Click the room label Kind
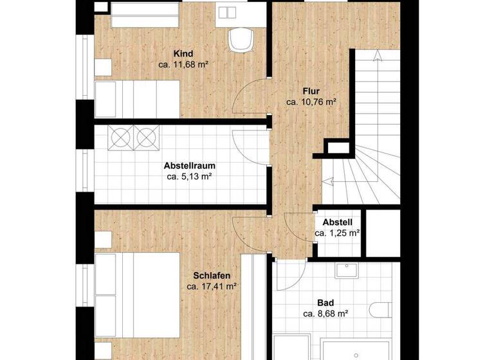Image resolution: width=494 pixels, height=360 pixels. click(x=183, y=54)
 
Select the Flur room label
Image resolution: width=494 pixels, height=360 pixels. click(x=311, y=91)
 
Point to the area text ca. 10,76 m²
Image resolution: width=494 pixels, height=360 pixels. click(x=311, y=102)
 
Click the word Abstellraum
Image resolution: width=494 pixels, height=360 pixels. click(x=189, y=165)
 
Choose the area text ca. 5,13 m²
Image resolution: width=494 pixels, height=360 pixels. click(x=189, y=175)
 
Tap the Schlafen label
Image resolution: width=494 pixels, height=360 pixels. click(x=212, y=275)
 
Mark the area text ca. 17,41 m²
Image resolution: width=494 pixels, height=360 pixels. click(x=212, y=286)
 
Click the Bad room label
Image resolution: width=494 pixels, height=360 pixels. click(x=325, y=303)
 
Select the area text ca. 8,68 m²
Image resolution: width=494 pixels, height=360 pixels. click(x=325, y=314)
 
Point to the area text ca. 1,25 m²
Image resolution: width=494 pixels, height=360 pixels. click(x=337, y=233)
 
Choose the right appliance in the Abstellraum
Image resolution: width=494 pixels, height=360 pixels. click(x=146, y=136)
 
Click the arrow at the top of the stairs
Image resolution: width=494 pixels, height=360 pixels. click(x=376, y=57)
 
